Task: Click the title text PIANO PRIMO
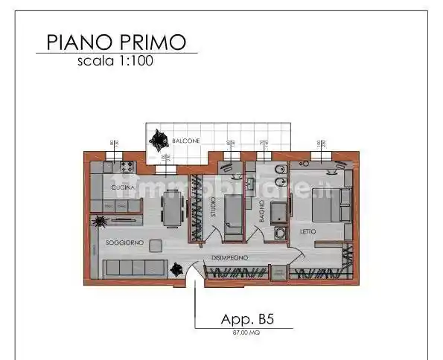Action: tap(115, 42)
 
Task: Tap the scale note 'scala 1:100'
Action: tap(115, 62)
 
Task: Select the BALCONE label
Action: tap(185, 140)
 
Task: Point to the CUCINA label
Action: tap(124, 187)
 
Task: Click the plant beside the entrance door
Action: tap(176, 269)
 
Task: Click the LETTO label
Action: tap(308, 231)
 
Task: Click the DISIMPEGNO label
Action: tap(230, 257)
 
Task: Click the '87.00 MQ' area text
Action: tap(245, 332)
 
